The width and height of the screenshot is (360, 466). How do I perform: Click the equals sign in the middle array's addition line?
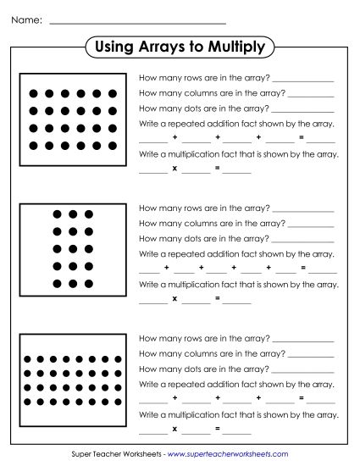click(301, 269)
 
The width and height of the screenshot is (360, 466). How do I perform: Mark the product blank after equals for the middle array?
click(238, 300)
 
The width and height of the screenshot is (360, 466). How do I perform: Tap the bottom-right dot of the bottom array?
click(119, 402)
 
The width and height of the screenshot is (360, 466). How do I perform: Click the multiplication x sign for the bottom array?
click(174, 430)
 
